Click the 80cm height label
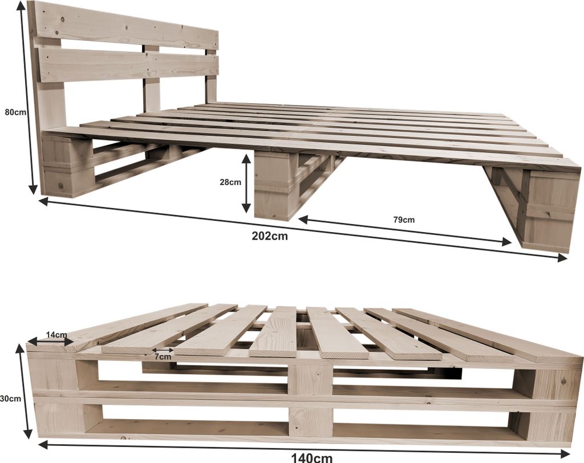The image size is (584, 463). [15, 112]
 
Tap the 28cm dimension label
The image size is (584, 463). [230, 182]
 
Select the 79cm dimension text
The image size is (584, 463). [404, 220]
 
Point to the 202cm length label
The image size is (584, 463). [270, 236]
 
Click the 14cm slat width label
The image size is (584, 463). [56, 335]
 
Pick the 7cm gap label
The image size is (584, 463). [163, 357]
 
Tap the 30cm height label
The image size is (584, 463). [10, 399]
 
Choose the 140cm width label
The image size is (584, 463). [312, 458]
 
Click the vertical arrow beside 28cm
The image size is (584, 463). [246, 184]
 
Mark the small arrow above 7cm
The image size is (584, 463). [163, 350]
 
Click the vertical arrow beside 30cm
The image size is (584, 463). [24, 391]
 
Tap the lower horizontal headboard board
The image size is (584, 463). [128, 66]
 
